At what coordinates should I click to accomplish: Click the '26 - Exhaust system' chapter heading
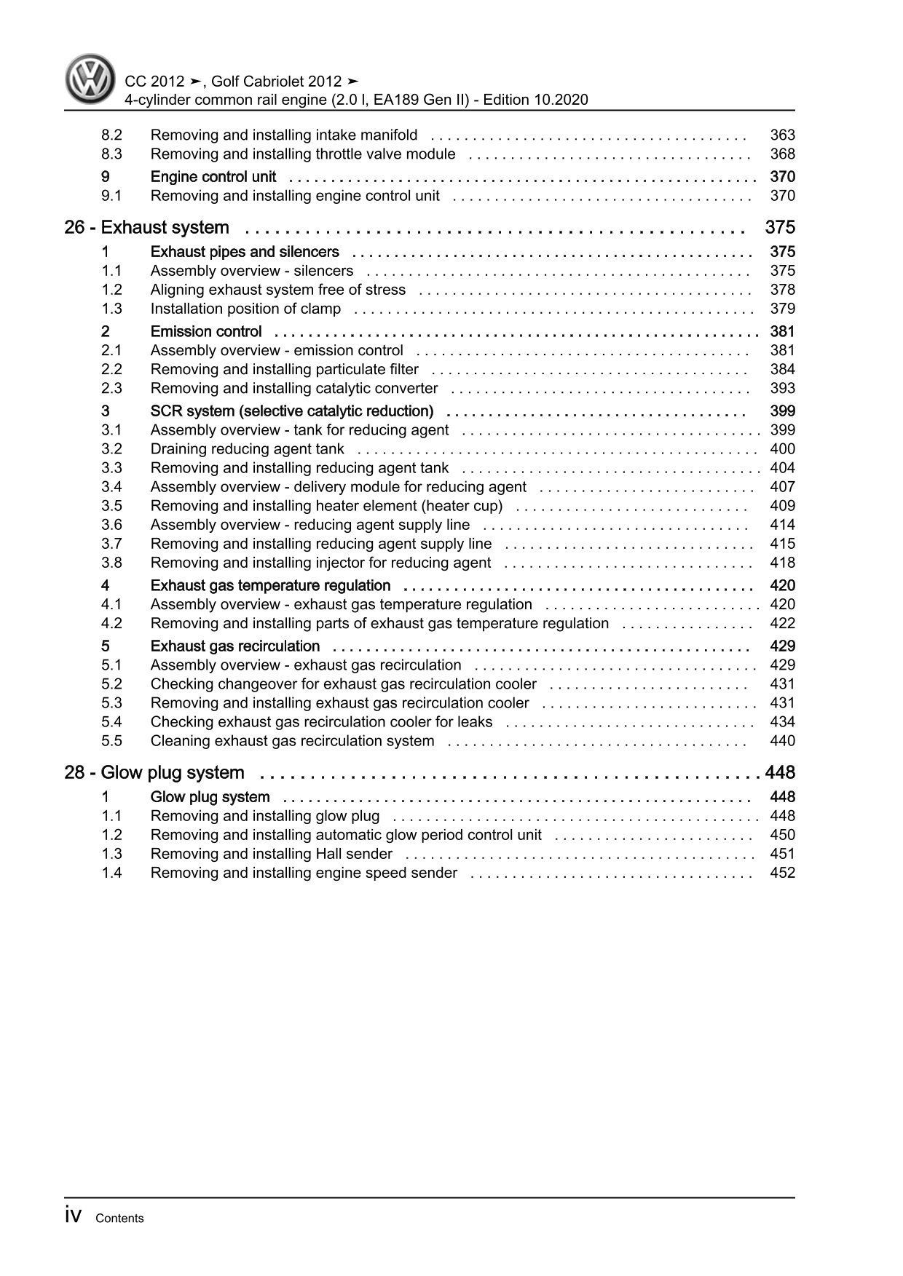tap(147, 228)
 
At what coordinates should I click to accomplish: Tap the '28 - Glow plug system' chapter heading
tap(154, 773)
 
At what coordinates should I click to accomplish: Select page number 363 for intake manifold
tap(782, 135)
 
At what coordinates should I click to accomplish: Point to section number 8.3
tap(111, 154)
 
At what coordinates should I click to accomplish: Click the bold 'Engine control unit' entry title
tap(213, 177)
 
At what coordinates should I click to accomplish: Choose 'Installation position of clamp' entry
tap(245, 309)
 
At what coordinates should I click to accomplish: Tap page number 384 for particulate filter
tap(782, 370)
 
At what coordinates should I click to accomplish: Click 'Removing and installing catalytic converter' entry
tap(294, 389)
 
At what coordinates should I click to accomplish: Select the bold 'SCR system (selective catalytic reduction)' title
tap(292, 411)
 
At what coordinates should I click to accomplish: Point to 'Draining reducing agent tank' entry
tap(248, 449)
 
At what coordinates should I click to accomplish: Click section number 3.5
tap(111, 506)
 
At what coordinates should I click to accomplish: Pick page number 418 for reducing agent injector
tap(782, 563)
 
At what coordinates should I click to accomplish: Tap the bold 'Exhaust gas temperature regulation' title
tap(270, 586)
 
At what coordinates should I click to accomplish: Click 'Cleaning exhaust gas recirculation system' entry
tap(292, 741)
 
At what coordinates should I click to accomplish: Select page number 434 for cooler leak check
tap(782, 722)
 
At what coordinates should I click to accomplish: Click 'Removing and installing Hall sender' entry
tap(272, 854)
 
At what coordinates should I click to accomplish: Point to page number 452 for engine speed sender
tap(782, 873)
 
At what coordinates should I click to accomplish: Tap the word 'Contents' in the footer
tap(119, 1218)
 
